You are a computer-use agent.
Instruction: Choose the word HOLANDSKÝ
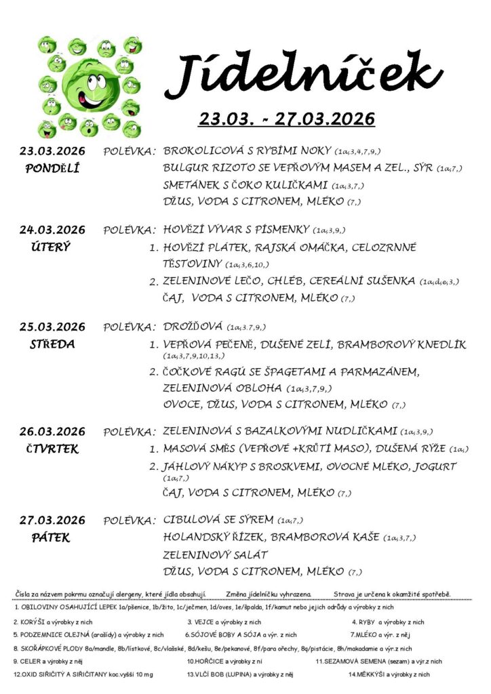pos(199,537)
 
